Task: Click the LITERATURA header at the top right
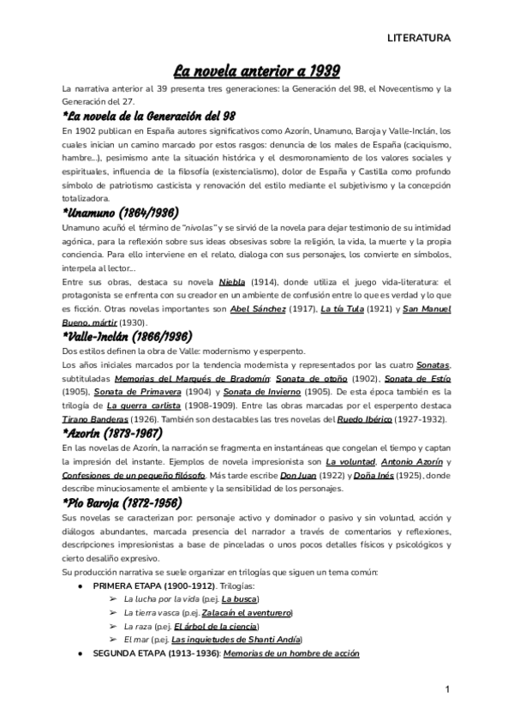pyautogui.click(x=419, y=39)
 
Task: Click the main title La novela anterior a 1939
pyautogui.click(x=257, y=70)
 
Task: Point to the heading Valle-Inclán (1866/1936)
pyautogui.click(x=140, y=336)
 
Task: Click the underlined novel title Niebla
pyautogui.click(x=233, y=281)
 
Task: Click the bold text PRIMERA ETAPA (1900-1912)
pyautogui.click(x=154, y=585)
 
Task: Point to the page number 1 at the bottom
pyautogui.click(x=448, y=688)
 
